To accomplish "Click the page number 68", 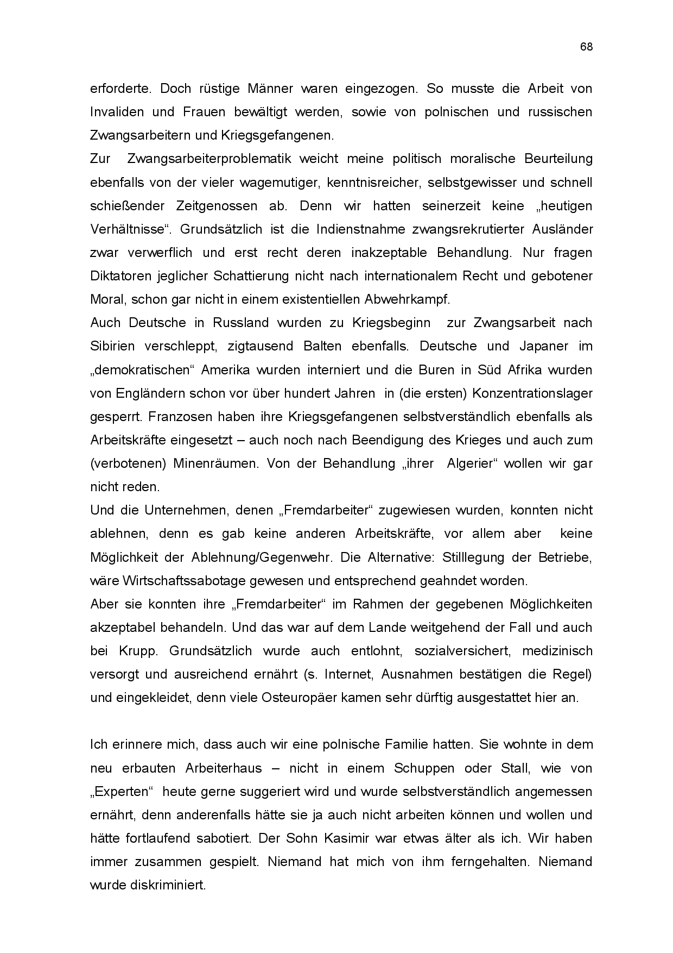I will tap(586, 47).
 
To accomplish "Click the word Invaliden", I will tap(117, 112).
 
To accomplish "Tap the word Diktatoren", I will tap(117, 276).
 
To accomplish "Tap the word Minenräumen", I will tap(213, 463).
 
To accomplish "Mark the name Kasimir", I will tap(342, 838).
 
